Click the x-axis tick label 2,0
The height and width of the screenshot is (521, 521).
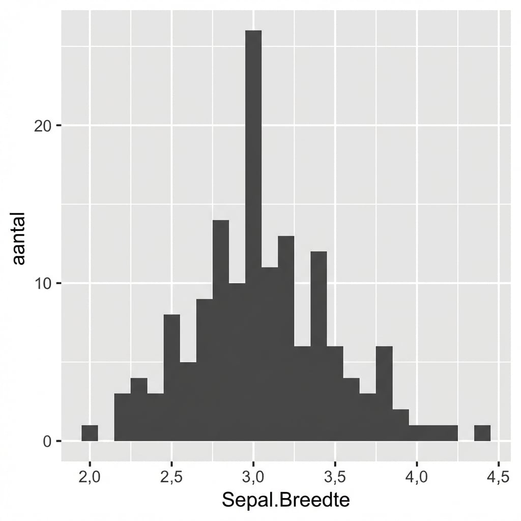[x=90, y=478]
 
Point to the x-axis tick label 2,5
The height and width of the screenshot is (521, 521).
[x=171, y=478]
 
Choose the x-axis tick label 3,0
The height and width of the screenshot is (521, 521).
[x=253, y=478]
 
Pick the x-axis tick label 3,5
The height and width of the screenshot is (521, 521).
[x=335, y=478]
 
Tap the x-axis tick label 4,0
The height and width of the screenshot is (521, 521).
[x=417, y=478]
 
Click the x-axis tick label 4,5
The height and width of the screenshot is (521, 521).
[x=498, y=478]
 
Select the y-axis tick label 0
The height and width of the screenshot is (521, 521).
[x=47, y=441]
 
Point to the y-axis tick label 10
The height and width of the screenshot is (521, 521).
[x=43, y=283]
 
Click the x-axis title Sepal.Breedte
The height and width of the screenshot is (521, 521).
[x=286, y=501]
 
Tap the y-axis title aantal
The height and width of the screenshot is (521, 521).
[x=19, y=239]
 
